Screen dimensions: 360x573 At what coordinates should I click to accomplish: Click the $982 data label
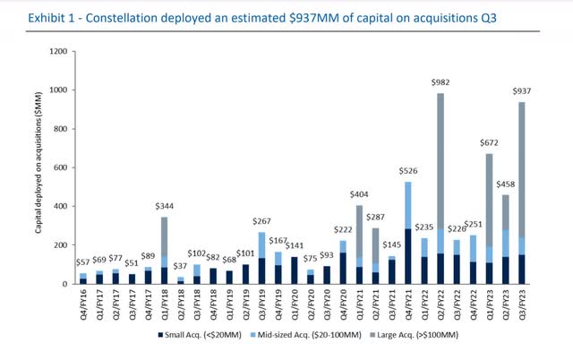(440, 82)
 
